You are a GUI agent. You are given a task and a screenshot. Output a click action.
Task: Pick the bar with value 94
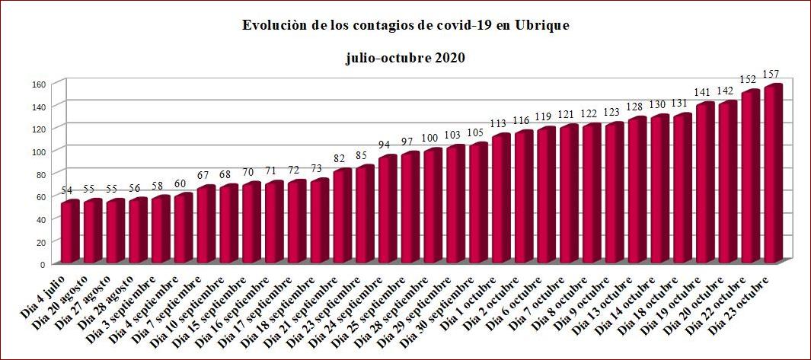(x=388, y=209)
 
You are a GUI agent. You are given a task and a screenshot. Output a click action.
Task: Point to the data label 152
(x=748, y=80)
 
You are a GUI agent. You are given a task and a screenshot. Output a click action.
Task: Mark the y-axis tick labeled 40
(x=42, y=219)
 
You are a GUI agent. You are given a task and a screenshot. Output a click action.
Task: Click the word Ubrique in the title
(x=541, y=26)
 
